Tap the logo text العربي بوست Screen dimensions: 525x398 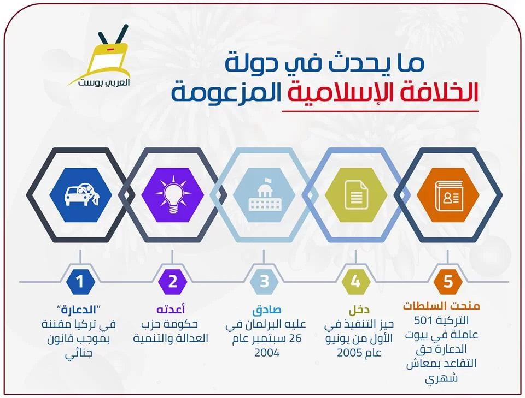pos(104,82)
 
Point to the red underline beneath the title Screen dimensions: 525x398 pos(380,111)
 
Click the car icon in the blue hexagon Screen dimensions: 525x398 pos(81,195)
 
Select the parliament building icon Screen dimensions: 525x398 pos(265,195)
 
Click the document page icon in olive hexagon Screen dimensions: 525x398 pos(356,195)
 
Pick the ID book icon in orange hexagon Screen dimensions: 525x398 pos(448,195)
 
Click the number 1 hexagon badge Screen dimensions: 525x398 pos(80,281)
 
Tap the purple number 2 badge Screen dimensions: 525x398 pos(172,281)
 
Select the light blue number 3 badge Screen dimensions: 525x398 pos(264,281)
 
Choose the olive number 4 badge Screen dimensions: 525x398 pos(356,281)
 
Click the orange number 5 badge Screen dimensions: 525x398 pos(448,281)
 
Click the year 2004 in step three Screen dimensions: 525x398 pos(267,353)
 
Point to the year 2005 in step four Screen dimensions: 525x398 pos(350,353)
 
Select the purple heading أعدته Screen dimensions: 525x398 pos(171,309)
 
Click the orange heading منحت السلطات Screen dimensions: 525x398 pos(442,306)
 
